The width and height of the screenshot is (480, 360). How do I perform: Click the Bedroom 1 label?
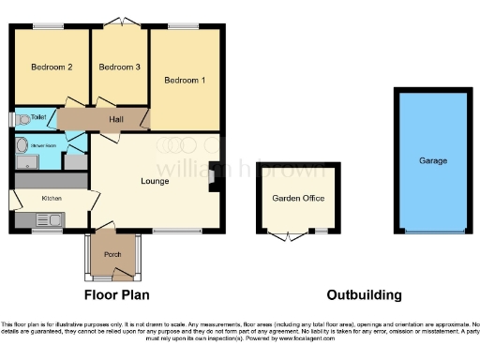[185, 81]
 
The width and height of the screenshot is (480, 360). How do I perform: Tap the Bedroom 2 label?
[52, 67]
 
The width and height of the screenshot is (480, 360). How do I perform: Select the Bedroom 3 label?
[119, 67]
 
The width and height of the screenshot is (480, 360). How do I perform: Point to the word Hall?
[115, 120]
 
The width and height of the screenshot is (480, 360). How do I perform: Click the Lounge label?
[155, 181]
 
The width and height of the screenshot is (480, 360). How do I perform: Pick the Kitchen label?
[51, 199]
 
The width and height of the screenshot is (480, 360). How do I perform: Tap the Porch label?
[112, 254]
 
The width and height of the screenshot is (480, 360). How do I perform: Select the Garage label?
[433, 160]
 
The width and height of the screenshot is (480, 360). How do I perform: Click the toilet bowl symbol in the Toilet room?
[22, 119]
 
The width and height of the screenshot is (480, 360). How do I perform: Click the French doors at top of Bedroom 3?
[118, 22]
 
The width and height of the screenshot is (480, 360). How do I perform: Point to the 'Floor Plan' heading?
[117, 295]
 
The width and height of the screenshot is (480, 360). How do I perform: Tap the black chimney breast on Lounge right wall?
[215, 174]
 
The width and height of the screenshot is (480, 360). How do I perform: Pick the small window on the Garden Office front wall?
[321, 231]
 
